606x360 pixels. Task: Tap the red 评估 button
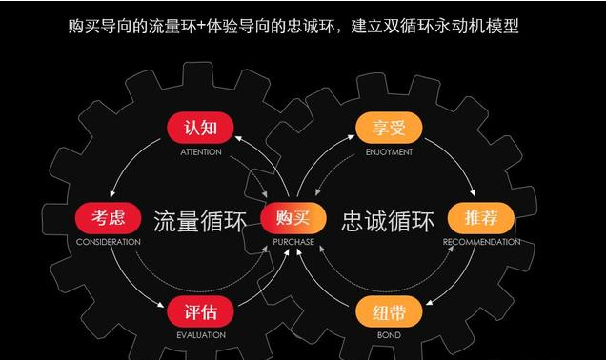(x=200, y=312)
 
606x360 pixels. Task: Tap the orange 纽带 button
(x=388, y=312)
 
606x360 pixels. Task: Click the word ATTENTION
(x=200, y=152)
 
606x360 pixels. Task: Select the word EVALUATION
(x=200, y=335)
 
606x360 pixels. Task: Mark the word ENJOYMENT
(x=389, y=152)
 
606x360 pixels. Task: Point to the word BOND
(x=388, y=335)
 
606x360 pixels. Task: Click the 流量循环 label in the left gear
(x=200, y=221)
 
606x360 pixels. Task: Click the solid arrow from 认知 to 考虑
(x=124, y=170)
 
